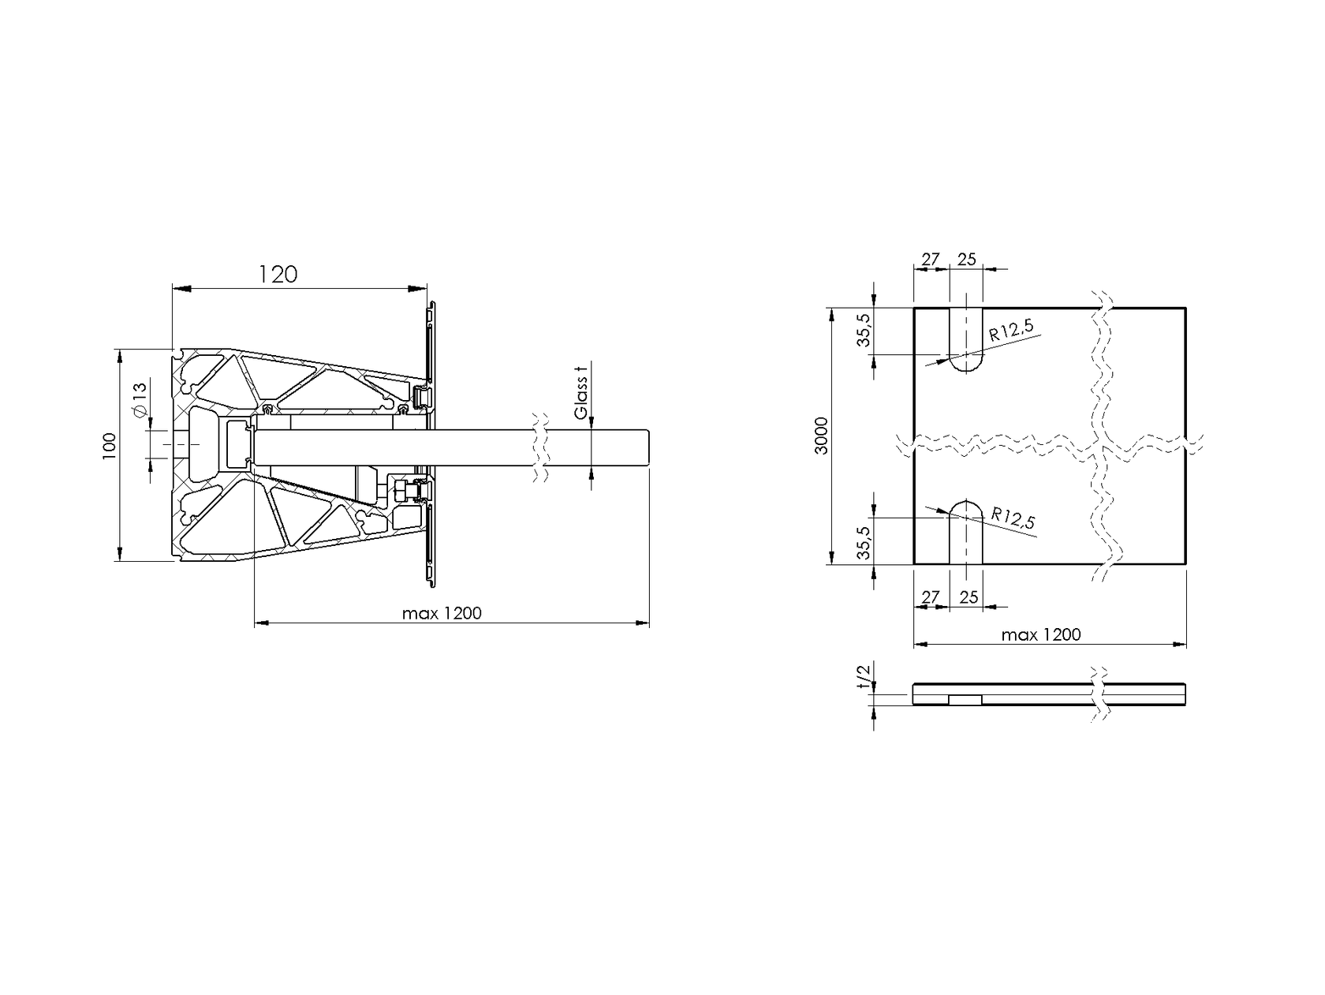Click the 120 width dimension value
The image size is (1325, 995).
tap(278, 274)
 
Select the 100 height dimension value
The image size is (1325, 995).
tap(109, 446)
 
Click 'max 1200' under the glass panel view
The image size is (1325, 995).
tap(1040, 634)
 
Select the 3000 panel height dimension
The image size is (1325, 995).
tap(821, 435)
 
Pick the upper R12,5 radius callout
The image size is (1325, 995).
tap(1011, 330)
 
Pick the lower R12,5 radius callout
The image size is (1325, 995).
tap(1013, 519)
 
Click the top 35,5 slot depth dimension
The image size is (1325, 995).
tap(865, 330)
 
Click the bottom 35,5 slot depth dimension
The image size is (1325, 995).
tap(865, 542)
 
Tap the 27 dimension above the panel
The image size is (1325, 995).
tap(931, 259)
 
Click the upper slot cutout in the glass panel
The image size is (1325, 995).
tap(966, 339)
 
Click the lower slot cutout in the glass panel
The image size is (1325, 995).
tap(966, 533)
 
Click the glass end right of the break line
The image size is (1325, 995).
tap(599, 449)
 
